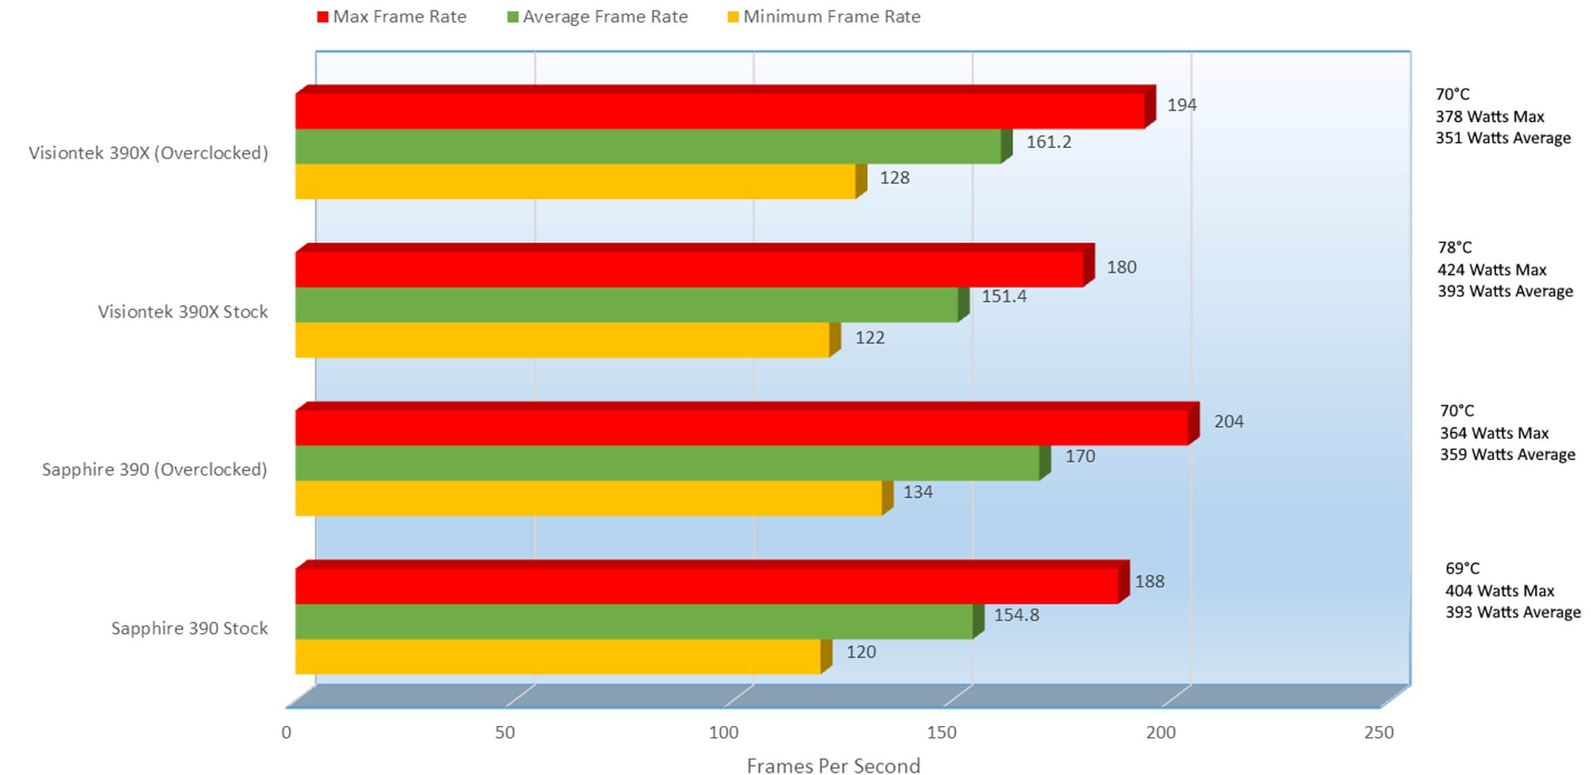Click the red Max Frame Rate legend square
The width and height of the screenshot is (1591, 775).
point(322,17)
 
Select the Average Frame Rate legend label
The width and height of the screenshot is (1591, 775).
point(605,17)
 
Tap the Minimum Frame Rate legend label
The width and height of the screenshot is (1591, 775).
point(831,17)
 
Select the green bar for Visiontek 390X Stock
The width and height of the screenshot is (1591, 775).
point(626,305)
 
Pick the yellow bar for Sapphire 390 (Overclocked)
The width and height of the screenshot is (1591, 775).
point(588,498)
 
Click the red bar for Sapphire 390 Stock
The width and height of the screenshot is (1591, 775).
point(706,586)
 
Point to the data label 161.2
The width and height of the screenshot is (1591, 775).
point(1048,142)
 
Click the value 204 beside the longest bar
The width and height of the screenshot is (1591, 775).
point(1228,421)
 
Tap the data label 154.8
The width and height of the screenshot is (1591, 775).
point(1016,615)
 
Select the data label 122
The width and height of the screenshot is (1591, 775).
point(869,338)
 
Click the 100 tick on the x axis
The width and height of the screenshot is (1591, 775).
point(723,733)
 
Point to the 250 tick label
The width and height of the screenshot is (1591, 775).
point(1378,733)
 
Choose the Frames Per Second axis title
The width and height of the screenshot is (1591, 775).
point(833,765)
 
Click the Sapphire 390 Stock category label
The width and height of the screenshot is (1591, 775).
point(189,628)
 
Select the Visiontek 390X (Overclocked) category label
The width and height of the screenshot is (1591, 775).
point(148,153)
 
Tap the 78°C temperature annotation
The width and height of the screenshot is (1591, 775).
point(1454,247)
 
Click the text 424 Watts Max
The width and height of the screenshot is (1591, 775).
point(1491,269)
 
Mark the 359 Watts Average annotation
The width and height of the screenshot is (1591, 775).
point(1507,454)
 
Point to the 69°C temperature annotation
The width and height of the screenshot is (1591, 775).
point(1461,569)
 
